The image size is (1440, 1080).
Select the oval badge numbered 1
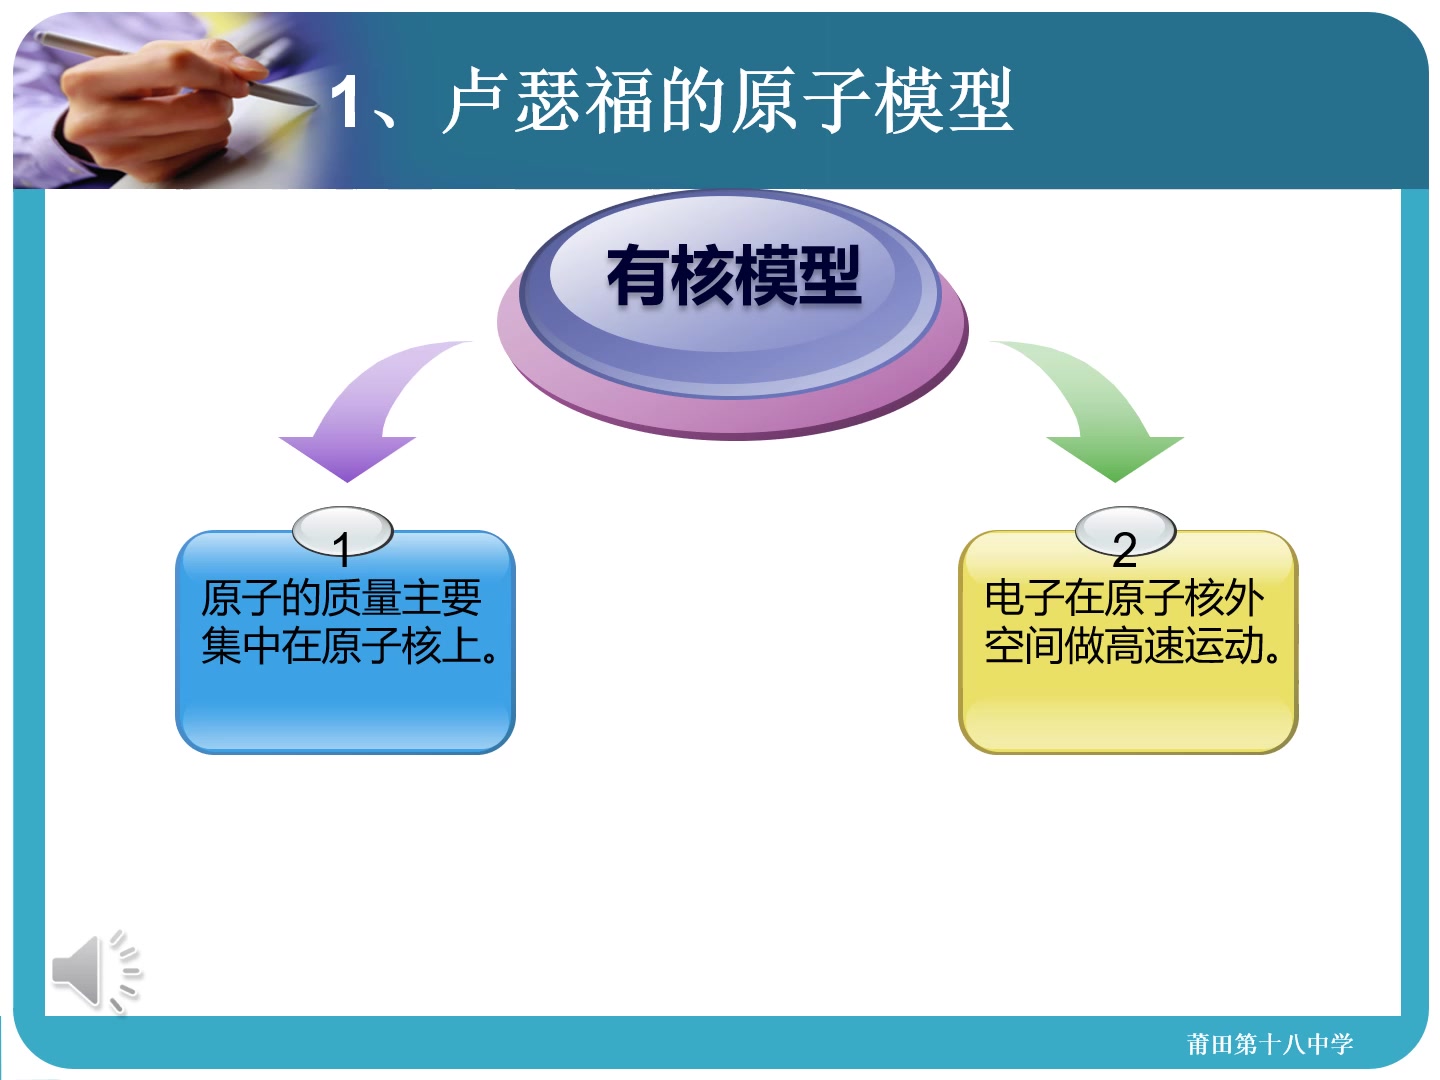click(x=342, y=531)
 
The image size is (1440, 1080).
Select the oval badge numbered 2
click(x=1125, y=531)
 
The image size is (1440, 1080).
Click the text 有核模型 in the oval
click(x=733, y=275)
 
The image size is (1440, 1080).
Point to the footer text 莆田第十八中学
click(x=1269, y=1044)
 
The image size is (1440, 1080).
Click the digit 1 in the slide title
click(x=346, y=102)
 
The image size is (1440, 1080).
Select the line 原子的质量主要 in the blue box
click(x=341, y=598)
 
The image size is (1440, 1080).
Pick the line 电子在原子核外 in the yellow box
click(x=1124, y=598)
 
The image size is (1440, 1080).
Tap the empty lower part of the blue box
click(x=345, y=710)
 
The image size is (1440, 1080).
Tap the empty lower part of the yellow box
click(x=1128, y=710)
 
